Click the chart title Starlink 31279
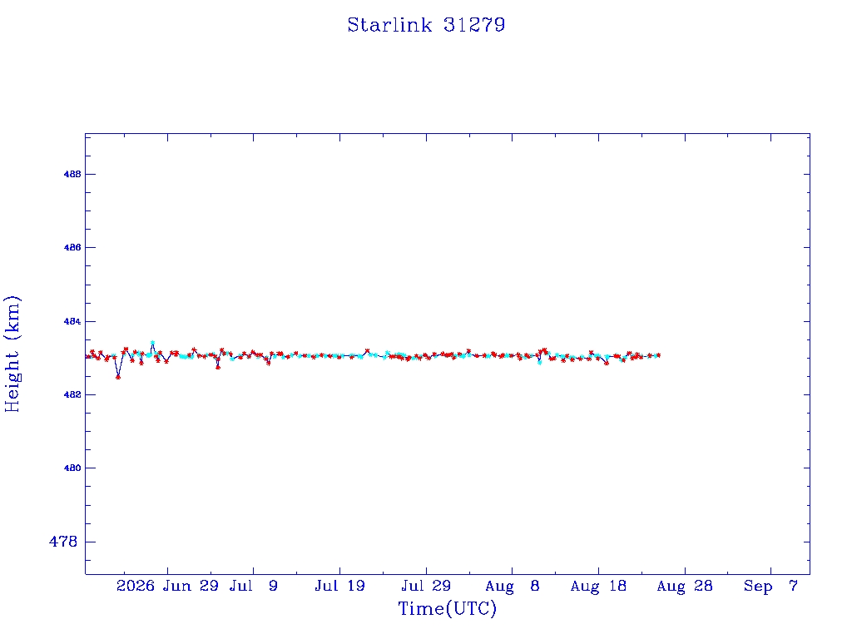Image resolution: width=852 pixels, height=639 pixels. point(426,25)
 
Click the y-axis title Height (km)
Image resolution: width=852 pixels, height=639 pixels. point(12,354)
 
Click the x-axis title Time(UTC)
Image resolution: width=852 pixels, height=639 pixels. point(447,608)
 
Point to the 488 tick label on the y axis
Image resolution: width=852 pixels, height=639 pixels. point(72,175)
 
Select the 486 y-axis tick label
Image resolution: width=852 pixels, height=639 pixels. point(72,248)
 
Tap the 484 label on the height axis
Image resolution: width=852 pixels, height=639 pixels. point(72,322)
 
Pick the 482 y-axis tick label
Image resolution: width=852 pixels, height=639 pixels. point(72,395)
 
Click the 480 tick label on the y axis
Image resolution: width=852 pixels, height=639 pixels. point(72,468)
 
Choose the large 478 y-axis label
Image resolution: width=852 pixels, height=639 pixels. point(63,542)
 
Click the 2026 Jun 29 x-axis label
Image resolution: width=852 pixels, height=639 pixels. point(167,586)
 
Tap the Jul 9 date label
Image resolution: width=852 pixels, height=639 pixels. point(253,586)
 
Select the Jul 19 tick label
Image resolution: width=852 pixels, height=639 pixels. point(339,586)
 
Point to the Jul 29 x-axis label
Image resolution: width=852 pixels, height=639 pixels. point(426,586)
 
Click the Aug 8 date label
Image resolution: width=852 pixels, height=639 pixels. point(513,586)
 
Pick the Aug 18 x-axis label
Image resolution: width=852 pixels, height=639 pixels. point(598,586)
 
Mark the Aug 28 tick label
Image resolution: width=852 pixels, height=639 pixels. point(685,586)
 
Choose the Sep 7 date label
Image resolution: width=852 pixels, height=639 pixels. point(770,586)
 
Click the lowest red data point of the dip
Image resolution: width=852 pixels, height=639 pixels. point(118,377)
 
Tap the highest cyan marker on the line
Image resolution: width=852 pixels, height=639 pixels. point(153,342)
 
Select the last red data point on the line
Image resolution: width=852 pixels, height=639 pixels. point(659,355)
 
